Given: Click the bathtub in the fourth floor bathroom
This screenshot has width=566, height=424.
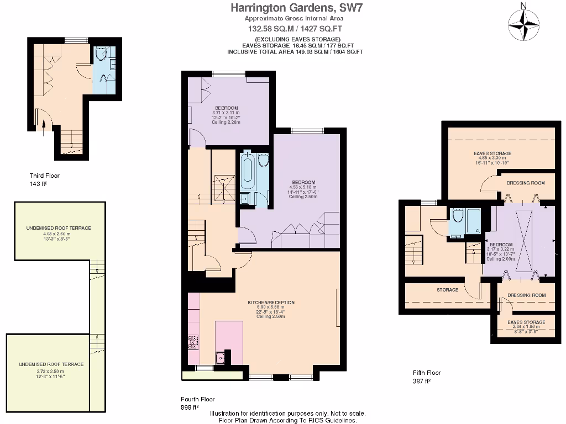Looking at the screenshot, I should [x=247, y=172].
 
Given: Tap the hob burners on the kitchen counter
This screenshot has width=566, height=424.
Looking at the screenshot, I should [x=193, y=342].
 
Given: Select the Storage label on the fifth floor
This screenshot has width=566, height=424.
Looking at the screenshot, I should [x=447, y=290].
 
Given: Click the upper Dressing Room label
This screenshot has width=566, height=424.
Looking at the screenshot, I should [x=526, y=183].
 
